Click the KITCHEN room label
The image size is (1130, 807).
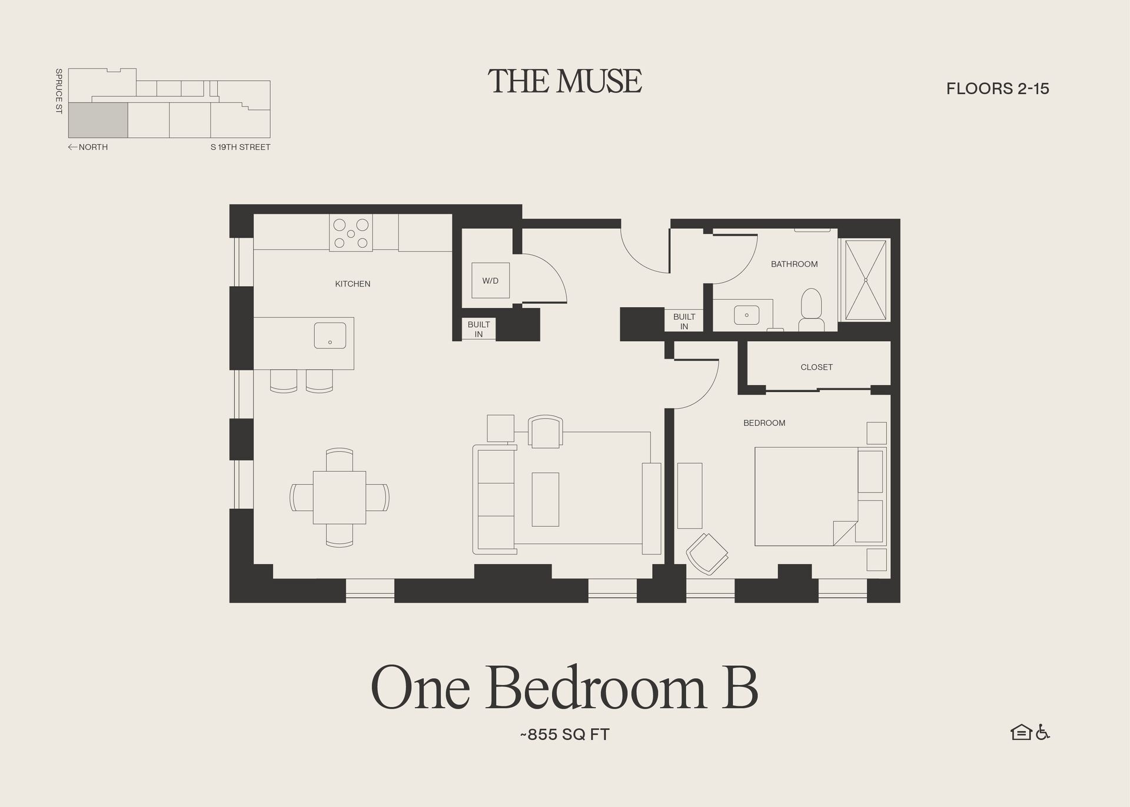tap(353, 284)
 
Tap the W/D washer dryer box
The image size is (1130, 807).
tap(490, 281)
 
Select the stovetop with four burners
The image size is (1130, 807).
tap(351, 234)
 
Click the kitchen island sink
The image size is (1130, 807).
tap(330, 335)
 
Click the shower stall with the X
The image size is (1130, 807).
tap(865, 280)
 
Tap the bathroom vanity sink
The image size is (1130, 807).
tap(746, 315)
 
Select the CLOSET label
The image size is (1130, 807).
tap(816, 367)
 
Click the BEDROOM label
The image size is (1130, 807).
tap(764, 423)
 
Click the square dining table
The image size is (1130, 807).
tap(339, 497)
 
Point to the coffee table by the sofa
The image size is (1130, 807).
tap(545, 499)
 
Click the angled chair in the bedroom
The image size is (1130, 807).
tap(707, 553)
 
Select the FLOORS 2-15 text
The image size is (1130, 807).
tap(998, 89)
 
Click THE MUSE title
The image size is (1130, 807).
tap(564, 81)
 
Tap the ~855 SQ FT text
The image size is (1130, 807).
tap(564, 735)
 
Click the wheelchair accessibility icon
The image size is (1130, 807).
tap(1043, 732)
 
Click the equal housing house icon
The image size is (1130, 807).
tap(1021, 732)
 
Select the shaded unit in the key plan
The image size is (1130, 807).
tap(98, 120)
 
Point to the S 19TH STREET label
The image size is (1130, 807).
tap(240, 147)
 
